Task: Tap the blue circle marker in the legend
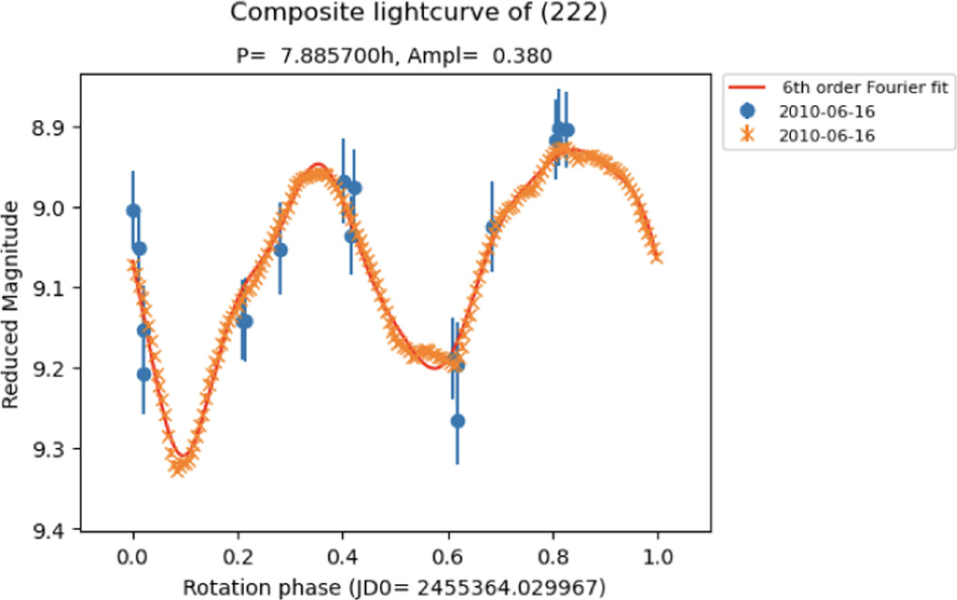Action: [748, 112]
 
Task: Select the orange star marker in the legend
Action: [748, 134]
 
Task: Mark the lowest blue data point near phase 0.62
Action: [458, 421]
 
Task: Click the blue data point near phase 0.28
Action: [280, 250]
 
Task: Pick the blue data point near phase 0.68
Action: [492, 227]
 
